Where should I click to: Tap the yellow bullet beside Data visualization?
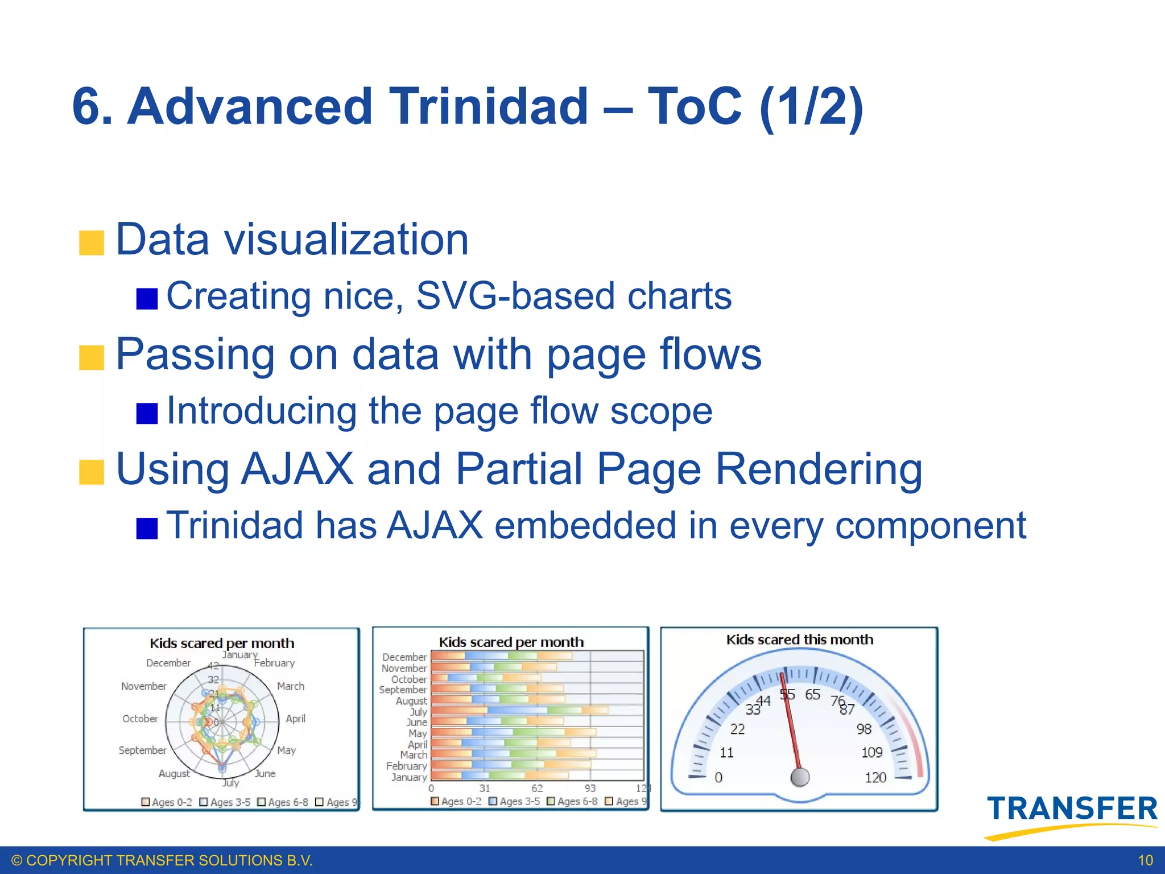pyautogui.click(x=91, y=242)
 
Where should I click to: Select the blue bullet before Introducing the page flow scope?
pyautogui.click(x=147, y=413)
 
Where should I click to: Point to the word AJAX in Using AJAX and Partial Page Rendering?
pyautogui.click(x=296, y=469)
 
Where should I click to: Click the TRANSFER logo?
pyautogui.click(x=1072, y=811)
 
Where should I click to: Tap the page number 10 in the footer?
pyautogui.click(x=1145, y=860)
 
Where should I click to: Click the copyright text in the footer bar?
pyautogui.click(x=162, y=860)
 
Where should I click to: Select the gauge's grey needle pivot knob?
pyautogui.click(x=800, y=777)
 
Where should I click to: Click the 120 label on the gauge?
pyautogui.click(x=875, y=777)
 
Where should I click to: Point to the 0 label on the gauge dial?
pyautogui.click(x=718, y=777)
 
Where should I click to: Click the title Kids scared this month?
pyautogui.click(x=799, y=640)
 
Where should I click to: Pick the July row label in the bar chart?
pyautogui.click(x=418, y=712)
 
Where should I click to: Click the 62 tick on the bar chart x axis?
pyautogui.click(x=537, y=788)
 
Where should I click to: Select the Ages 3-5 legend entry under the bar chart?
pyautogui.click(x=514, y=801)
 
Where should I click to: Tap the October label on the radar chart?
pyautogui.click(x=140, y=719)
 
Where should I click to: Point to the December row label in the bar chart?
pyautogui.click(x=404, y=657)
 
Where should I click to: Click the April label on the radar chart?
pyautogui.click(x=295, y=719)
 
